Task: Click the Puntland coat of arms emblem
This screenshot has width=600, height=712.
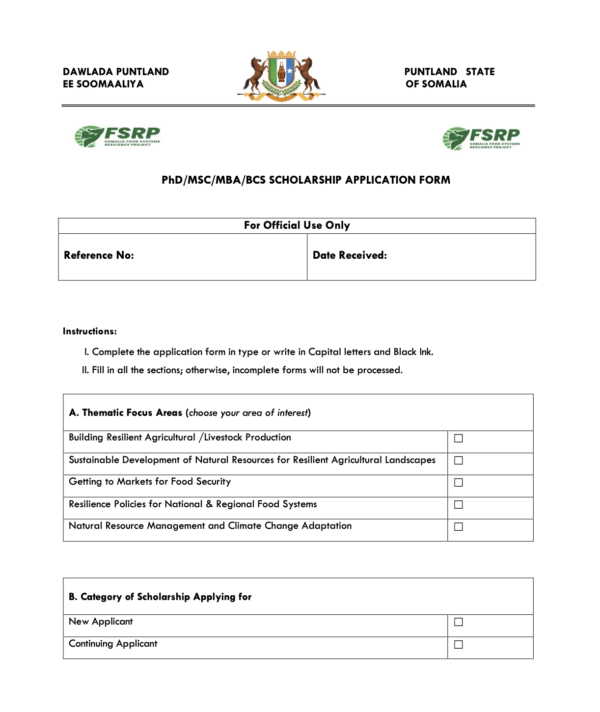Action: click(x=281, y=77)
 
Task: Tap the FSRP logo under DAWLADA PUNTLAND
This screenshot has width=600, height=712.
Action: click(x=118, y=137)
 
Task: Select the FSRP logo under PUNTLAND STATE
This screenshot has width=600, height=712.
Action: click(x=481, y=138)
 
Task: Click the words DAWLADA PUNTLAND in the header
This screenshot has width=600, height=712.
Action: click(x=116, y=72)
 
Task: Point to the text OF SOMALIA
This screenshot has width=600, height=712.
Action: click(x=436, y=84)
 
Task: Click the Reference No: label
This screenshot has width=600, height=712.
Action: click(x=99, y=255)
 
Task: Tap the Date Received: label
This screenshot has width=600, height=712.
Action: click(x=350, y=255)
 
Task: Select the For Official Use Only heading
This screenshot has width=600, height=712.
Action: click(x=297, y=225)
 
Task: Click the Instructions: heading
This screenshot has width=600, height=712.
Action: click(x=90, y=331)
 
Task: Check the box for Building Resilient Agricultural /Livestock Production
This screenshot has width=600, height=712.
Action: click(x=459, y=438)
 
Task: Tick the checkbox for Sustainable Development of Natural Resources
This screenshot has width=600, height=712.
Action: click(x=459, y=461)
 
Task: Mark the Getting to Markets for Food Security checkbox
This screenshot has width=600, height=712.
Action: click(x=459, y=483)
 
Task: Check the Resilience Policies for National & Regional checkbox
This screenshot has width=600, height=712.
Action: click(x=459, y=505)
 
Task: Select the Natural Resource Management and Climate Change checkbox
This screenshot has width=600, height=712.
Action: click(x=459, y=527)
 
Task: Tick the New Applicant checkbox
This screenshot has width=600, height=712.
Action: click(x=459, y=622)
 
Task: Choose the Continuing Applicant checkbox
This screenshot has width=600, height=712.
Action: click(x=459, y=645)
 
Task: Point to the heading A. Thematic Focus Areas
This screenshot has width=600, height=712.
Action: click(x=126, y=413)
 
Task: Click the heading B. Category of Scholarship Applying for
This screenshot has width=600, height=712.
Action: click(x=160, y=597)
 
